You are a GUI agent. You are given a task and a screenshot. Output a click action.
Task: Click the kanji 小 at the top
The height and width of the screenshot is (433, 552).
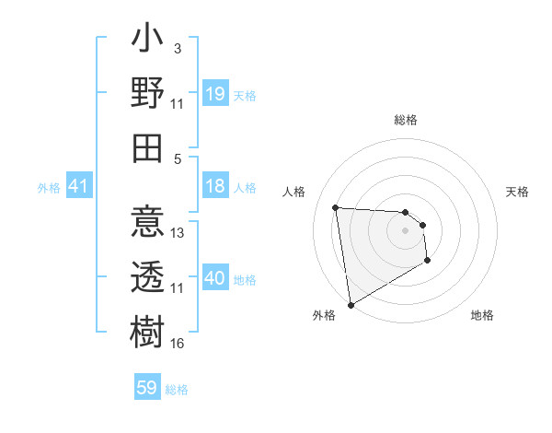147,42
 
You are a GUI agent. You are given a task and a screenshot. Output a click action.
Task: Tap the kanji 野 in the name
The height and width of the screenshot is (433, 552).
147,92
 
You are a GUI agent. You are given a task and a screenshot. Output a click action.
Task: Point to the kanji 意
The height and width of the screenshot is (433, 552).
147,225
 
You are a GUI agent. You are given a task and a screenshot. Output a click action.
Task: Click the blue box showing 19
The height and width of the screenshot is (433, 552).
214,94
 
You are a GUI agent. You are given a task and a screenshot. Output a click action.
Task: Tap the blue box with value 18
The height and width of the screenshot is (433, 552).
214,186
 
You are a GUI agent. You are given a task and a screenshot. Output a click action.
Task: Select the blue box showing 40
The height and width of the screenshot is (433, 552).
214,278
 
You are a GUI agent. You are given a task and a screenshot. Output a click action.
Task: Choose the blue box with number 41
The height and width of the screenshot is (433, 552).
78,187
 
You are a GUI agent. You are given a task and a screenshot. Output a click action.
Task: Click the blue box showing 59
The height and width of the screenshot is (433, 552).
147,388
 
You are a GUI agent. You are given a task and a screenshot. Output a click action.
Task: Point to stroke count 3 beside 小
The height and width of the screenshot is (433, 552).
178,48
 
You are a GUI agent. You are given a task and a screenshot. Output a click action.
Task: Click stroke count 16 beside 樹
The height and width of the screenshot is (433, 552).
178,344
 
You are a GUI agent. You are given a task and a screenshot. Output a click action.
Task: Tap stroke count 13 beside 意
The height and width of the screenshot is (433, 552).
178,233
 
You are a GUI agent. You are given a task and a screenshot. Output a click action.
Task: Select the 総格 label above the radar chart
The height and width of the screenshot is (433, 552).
406,120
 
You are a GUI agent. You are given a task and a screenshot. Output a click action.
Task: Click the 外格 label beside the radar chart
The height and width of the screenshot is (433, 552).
323,315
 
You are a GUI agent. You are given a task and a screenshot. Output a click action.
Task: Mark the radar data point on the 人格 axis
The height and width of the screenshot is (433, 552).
336,207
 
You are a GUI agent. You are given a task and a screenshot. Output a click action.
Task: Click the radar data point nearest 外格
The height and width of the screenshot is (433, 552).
351,305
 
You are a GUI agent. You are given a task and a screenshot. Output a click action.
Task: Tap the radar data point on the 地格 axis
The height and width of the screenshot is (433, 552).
428,262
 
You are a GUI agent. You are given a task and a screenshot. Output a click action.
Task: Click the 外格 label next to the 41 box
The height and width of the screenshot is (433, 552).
48,188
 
